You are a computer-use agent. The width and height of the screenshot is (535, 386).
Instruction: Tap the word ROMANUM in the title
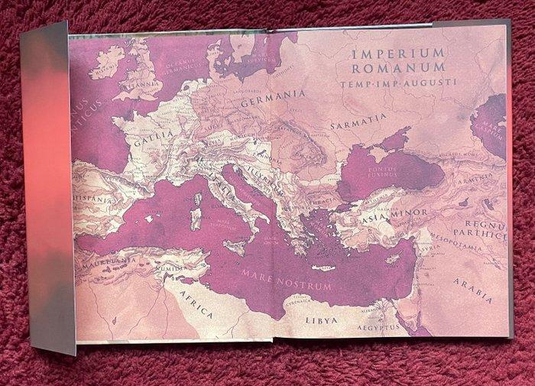click(394, 70)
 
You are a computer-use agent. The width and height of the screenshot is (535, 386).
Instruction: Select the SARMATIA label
click(358, 120)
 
